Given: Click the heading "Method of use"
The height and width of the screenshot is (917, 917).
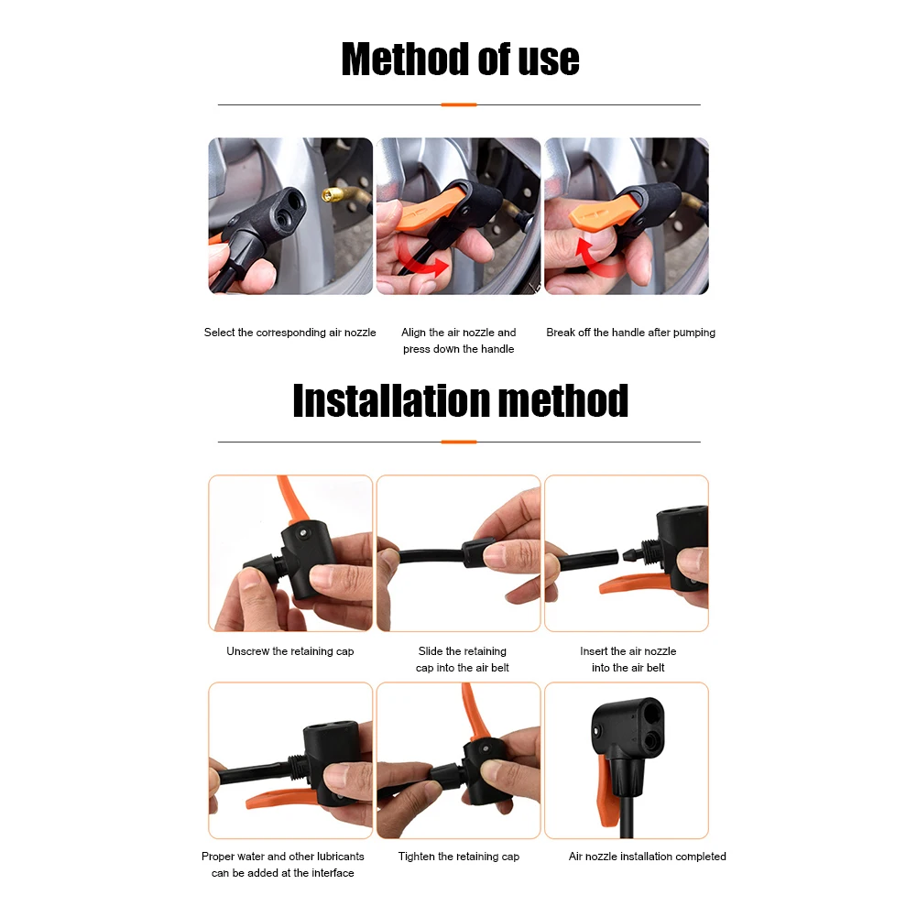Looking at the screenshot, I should [x=460, y=60].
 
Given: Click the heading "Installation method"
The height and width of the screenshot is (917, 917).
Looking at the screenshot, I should [x=460, y=401].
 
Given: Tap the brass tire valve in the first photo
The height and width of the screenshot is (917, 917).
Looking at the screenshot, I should [x=331, y=194].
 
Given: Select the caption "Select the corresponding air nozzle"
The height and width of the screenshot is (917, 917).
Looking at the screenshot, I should [x=289, y=333].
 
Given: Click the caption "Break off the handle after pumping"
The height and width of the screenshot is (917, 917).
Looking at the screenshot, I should [x=630, y=333].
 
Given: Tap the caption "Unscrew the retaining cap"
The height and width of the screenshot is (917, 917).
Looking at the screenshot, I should [x=289, y=651].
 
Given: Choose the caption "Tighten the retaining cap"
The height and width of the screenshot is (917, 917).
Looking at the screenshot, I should [x=458, y=857].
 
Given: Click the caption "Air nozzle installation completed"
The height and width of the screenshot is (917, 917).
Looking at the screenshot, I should [x=647, y=857].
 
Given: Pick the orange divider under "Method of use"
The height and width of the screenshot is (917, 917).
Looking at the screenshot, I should [x=458, y=104].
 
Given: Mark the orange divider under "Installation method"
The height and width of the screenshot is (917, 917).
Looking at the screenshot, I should [x=458, y=442].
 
